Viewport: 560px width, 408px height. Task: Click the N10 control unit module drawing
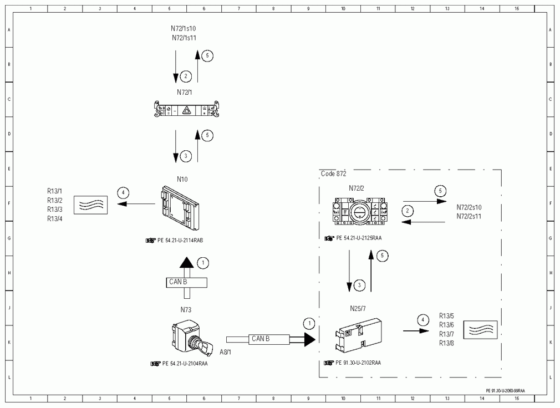(x=179, y=208)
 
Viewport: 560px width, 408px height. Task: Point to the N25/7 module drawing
(x=359, y=335)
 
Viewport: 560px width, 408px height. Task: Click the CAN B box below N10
(x=186, y=282)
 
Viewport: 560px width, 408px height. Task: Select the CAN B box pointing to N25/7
(x=269, y=339)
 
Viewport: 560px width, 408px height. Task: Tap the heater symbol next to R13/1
(x=91, y=205)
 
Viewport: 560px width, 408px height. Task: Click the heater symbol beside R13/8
(x=480, y=330)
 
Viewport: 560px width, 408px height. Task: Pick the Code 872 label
(x=334, y=174)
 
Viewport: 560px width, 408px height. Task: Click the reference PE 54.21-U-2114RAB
(x=180, y=241)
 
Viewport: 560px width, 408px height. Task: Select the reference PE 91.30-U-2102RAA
(x=358, y=363)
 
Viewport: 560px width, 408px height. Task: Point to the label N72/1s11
(x=184, y=38)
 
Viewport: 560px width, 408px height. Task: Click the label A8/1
(x=225, y=353)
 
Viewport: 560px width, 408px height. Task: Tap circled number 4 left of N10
(x=123, y=193)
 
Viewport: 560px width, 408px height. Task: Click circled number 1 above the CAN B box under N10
(x=203, y=263)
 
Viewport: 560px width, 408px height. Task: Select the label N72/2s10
(x=469, y=207)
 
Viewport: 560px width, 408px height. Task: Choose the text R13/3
(x=55, y=210)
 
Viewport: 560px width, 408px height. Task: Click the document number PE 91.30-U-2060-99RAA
(x=505, y=391)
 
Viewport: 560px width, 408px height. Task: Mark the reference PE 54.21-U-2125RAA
(x=359, y=238)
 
